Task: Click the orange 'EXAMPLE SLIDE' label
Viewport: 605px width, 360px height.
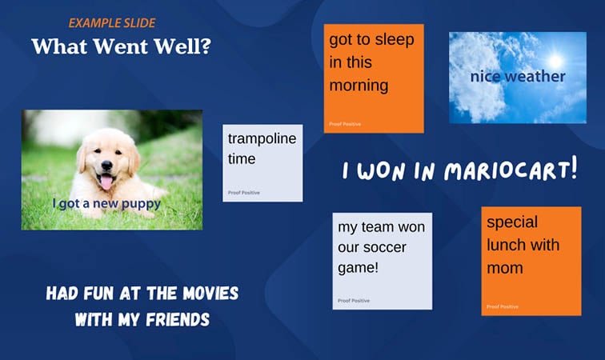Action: tap(111, 23)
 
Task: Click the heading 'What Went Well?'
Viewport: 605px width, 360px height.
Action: tap(121, 46)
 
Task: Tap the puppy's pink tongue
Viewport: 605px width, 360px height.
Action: tap(106, 183)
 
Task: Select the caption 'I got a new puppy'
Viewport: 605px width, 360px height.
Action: tap(106, 203)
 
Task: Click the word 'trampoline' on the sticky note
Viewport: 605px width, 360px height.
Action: tap(262, 139)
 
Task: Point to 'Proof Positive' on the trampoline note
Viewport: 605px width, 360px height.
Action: tap(244, 193)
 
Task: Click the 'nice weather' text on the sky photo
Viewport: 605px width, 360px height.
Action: tap(517, 77)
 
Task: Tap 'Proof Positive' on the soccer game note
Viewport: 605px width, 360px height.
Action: tap(354, 301)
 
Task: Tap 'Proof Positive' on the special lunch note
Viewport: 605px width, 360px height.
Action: tap(503, 306)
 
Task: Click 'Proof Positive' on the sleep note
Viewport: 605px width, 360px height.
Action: tap(345, 124)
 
